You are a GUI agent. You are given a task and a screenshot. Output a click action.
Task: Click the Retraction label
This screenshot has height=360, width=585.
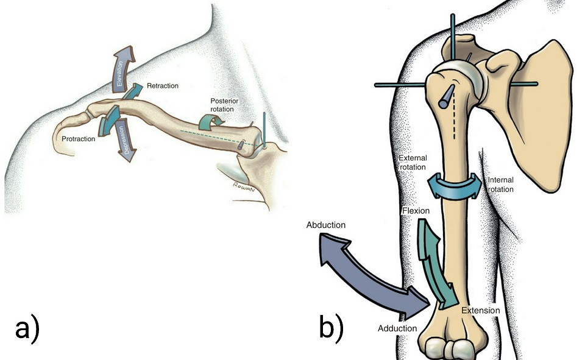[162, 86]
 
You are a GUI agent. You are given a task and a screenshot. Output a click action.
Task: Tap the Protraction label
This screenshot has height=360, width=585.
[79, 139]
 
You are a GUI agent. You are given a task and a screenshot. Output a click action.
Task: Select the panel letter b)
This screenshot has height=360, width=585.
[331, 327]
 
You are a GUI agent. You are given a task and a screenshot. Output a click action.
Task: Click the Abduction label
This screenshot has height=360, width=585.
[327, 225]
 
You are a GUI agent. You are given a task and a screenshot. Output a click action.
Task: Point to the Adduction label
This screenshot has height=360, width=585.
[397, 328]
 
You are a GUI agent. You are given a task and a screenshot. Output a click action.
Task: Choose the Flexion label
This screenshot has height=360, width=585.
[417, 211]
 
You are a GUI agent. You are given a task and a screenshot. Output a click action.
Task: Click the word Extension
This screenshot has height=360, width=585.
[480, 311]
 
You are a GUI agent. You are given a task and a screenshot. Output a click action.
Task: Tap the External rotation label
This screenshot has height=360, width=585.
[413, 163]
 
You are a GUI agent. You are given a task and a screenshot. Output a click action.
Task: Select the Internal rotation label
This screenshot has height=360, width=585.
[501, 185]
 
